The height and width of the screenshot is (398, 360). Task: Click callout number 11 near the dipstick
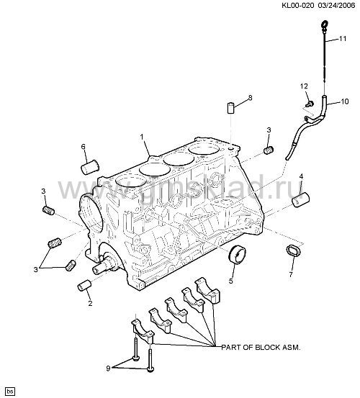tap(343, 39)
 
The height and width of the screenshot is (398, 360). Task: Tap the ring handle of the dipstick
tap(325, 24)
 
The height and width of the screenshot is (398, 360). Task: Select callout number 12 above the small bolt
tap(304, 86)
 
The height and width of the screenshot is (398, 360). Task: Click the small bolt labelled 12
tap(310, 104)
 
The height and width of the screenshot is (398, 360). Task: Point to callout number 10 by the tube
tap(344, 101)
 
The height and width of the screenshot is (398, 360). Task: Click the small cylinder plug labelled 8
tap(230, 108)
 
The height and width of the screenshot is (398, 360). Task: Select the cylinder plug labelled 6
tap(90, 167)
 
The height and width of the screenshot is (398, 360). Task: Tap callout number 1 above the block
tap(142, 137)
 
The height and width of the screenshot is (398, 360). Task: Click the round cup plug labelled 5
tap(238, 255)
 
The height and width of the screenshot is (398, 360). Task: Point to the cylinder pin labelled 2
tap(84, 285)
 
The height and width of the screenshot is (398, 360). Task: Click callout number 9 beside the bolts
tap(108, 368)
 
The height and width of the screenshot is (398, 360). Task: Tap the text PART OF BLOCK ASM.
tap(261, 347)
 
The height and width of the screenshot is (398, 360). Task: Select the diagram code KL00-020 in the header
tap(298, 5)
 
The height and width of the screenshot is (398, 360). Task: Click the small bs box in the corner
tap(10, 391)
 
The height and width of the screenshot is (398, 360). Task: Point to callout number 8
tap(251, 98)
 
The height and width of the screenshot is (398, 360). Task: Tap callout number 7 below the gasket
tap(291, 274)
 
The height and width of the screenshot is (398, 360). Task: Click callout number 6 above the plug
tap(84, 147)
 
